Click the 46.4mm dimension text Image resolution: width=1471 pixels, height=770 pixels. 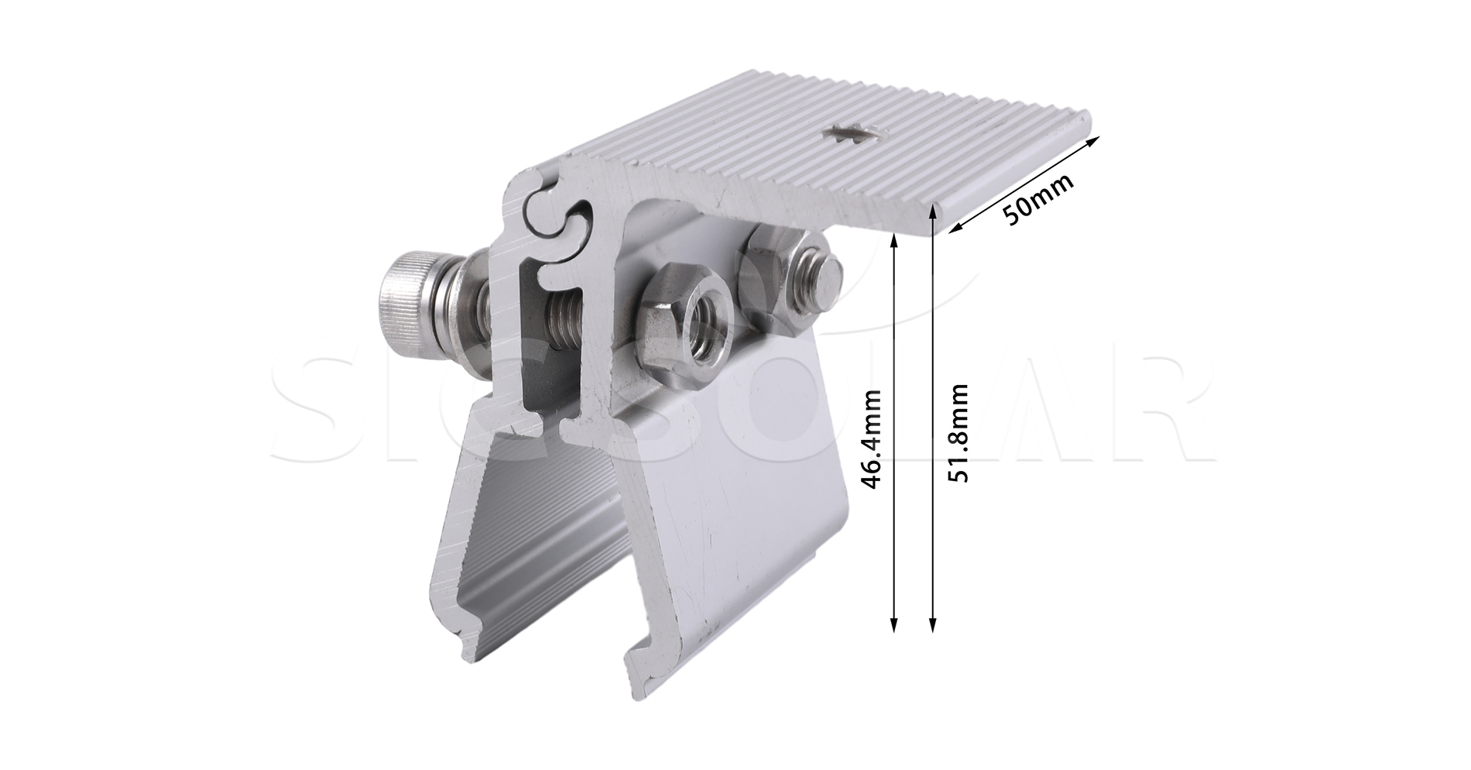[873, 439]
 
